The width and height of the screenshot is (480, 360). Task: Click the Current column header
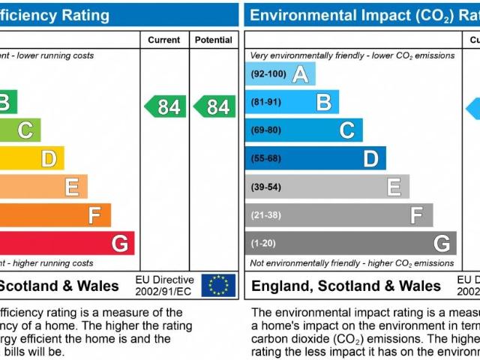coord(163,40)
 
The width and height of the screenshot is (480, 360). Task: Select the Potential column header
coord(214,40)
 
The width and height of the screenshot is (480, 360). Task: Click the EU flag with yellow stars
coord(218,285)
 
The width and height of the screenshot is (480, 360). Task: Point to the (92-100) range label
coord(268,74)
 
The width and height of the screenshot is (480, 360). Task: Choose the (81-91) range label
coord(266,102)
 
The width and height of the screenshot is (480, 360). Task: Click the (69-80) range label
coord(266,130)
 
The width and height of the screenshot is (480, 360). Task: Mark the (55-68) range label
coord(266,158)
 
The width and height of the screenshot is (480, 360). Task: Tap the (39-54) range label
coord(266,187)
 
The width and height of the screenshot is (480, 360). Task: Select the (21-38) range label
coord(266,214)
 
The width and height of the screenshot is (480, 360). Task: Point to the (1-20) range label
coord(264,243)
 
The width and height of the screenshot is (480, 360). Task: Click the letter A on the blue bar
coord(301,74)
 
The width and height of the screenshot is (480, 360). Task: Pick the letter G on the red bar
coord(119,243)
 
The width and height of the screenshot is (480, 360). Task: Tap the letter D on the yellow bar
coord(49,158)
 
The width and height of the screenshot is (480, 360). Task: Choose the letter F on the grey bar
coord(417,215)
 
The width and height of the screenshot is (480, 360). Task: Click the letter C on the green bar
coord(25,130)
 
